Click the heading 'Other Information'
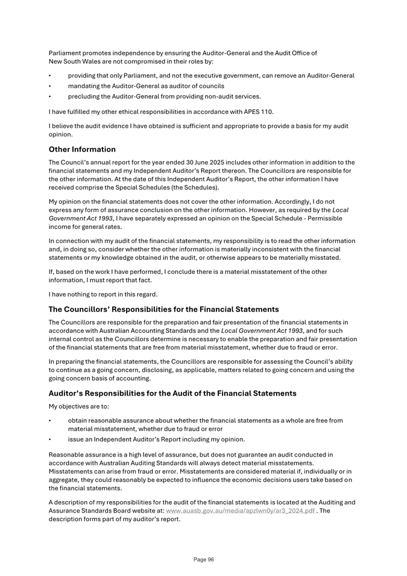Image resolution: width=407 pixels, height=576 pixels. point(82,149)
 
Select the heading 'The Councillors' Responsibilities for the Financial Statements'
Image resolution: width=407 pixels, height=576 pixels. point(163,309)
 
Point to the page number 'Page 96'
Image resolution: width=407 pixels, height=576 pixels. point(204,560)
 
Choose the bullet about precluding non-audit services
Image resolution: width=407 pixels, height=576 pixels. point(164,96)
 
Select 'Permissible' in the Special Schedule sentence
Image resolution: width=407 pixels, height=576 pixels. point(317,218)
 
